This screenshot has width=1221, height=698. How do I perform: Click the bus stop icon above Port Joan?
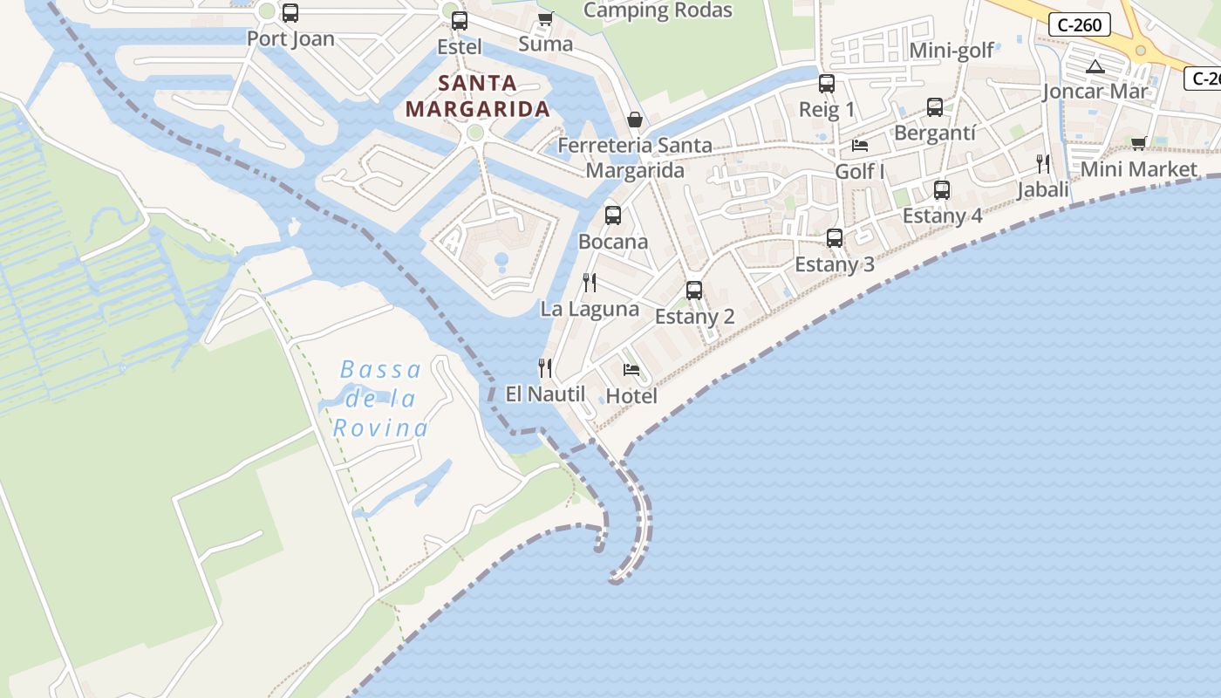(x=290, y=13)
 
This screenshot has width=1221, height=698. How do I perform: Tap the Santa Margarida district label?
(x=478, y=96)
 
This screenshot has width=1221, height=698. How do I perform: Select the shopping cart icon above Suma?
(x=546, y=18)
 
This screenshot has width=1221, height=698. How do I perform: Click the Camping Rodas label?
(x=658, y=10)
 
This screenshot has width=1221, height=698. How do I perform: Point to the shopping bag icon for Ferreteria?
(x=635, y=120)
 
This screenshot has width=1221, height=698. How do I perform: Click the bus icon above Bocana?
(x=613, y=215)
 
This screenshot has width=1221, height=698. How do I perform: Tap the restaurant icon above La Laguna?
(x=590, y=282)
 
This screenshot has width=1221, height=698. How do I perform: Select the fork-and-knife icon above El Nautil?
(x=545, y=367)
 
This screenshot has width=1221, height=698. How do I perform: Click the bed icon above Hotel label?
(x=631, y=370)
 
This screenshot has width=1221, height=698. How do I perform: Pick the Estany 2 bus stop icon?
(x=694, y=290)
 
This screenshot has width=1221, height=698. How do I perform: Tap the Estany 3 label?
(x=835, y=264)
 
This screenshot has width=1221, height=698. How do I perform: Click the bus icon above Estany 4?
(x=942, y=189)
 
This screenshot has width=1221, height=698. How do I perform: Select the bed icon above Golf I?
(x=860, y=145)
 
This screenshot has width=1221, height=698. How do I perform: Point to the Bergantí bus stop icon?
(x=935, y=107)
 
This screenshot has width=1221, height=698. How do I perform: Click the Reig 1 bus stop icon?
(x=827, y=84)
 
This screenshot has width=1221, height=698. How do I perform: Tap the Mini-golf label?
(x=952, y=51)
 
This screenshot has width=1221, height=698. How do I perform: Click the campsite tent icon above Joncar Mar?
(x=1095, y=66)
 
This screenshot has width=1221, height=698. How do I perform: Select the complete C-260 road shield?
(x=1080, y=24)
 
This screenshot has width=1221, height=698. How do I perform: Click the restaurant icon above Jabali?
(x=1043, y=163)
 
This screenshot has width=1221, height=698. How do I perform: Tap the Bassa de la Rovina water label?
(x=380, y=399)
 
